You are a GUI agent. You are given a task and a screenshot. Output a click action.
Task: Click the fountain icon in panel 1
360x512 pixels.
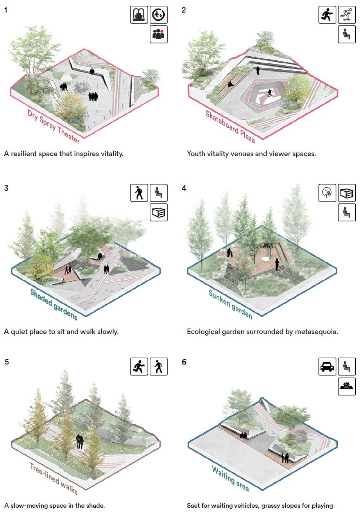139,15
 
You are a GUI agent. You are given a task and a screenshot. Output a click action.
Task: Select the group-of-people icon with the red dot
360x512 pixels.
159,34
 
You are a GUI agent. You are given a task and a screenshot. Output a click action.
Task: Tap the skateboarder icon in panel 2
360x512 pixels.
347,15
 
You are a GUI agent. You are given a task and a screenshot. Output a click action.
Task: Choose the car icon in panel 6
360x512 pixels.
327,366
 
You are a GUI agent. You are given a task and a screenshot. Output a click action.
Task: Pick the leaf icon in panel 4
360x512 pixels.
327,193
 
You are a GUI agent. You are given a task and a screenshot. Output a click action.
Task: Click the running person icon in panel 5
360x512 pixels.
139,366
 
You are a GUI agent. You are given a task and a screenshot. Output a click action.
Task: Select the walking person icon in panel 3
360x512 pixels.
139,193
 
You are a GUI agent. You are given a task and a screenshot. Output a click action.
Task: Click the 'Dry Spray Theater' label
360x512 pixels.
54,126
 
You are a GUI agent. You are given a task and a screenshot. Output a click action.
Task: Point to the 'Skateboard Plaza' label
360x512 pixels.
230,126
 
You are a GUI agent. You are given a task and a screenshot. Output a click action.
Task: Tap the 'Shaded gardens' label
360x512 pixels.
53,304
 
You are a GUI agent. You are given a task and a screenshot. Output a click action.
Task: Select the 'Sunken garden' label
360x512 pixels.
230,304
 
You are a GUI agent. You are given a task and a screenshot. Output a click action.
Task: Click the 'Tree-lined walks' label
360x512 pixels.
54,478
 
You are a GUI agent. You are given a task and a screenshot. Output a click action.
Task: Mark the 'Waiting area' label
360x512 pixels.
230,478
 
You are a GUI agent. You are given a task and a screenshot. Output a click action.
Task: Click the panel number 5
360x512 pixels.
7,362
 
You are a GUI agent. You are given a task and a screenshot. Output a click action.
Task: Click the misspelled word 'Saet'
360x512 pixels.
194,505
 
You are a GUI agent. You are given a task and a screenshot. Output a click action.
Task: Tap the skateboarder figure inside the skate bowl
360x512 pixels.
270,93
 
